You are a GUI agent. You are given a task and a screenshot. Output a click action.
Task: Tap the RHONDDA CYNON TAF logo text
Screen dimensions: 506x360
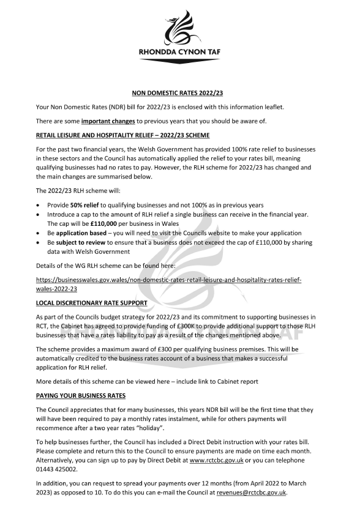point(179,53)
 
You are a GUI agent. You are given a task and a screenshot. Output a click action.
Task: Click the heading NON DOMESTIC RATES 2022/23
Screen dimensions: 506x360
point(179,93)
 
